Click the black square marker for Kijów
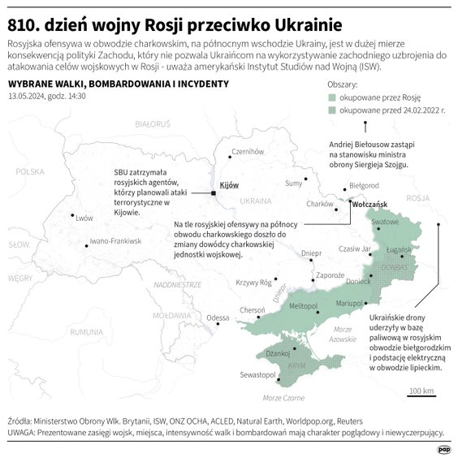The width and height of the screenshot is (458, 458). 214,193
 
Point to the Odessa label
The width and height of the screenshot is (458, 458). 218,318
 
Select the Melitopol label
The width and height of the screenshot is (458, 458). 303,305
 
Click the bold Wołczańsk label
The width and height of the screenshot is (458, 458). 373,205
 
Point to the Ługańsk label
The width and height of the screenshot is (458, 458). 400,248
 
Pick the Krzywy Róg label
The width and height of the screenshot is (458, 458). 253,283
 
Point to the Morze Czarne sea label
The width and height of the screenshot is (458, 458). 283,397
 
